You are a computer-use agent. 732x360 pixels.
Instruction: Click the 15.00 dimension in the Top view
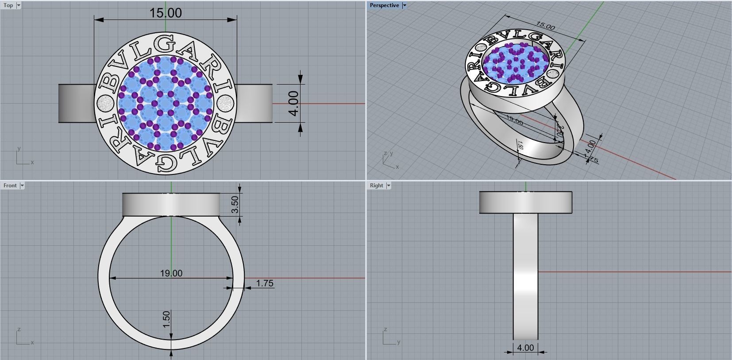(x=166, y=13)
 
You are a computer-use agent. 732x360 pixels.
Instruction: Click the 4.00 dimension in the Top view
(x=293, y=103)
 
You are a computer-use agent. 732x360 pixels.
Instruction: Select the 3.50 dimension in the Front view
(x=235, y=204)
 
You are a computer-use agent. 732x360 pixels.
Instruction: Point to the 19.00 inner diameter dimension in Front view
(x=171, y=273)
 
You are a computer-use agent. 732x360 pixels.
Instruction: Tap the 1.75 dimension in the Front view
(x=264, y=283)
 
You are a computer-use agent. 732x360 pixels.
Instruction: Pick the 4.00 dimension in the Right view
(x=525, y=348)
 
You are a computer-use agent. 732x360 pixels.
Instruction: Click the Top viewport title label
(x=8, y=5)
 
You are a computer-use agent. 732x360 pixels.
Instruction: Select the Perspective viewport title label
(x=384, y=5)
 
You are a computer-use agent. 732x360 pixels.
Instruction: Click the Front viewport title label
(x=10, y=186)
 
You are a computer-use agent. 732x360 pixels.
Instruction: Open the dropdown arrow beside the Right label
(x=389, y=186)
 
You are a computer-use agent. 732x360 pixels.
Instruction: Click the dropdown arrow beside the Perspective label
(x=404, y=5)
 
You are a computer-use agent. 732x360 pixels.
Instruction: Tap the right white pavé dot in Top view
(x=225, y=104)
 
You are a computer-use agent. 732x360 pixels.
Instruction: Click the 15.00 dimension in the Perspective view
(x=545, y=26)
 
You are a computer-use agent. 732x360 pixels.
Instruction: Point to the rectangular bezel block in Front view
(x=171, y=205)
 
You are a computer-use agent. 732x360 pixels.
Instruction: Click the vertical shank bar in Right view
(x=525, y=275)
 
